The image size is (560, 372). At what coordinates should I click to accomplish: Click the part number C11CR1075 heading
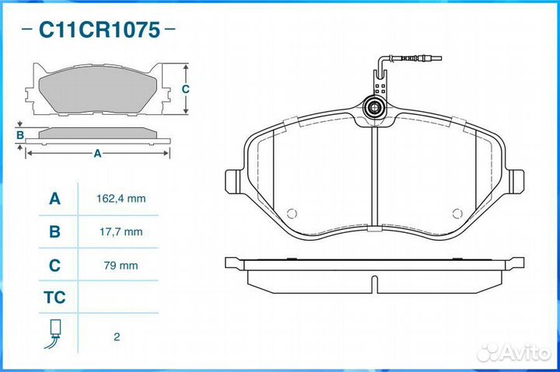coord(99,30)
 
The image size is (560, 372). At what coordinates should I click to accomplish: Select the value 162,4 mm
coord(121,199)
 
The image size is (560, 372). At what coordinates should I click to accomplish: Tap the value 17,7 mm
coord(121,232)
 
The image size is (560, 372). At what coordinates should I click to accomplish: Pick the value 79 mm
coord(121,266)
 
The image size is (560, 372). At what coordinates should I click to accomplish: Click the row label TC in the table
coord(54,297)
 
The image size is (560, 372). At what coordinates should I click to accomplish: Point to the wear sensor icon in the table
coord(54,333)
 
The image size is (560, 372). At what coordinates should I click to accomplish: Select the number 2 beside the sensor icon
coord(117,337)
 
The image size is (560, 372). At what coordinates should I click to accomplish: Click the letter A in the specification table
coord(54,199)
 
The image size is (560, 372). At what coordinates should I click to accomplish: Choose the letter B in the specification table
coord(54,232)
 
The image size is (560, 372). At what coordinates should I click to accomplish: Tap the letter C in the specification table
coord(54,266)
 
